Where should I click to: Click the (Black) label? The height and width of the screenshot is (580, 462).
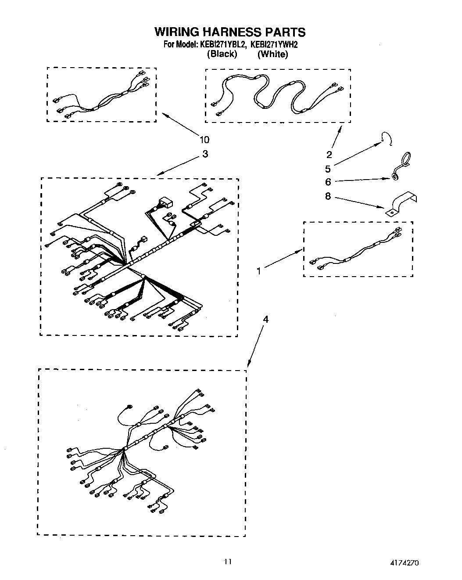222,54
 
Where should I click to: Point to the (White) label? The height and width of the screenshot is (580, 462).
272,54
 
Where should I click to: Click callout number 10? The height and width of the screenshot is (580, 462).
204,140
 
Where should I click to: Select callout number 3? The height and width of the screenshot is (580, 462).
205,154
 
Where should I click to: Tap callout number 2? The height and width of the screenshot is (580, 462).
329,154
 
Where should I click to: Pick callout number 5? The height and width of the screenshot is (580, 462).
328,169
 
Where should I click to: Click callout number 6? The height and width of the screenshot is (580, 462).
328,182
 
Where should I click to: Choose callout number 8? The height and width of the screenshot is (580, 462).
328,196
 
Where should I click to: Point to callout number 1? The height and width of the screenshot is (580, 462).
259,271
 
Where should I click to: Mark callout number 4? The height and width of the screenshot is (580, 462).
265,319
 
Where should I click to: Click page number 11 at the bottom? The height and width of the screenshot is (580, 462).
227,562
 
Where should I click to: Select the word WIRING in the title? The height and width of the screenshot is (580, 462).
177,32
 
